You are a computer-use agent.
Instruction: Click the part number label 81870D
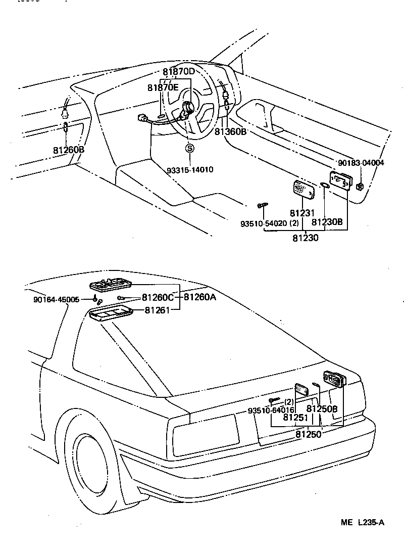[x=178, y=72]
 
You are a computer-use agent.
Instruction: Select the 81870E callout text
[x=163, y=87]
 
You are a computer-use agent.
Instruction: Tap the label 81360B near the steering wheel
[x=230, y=131]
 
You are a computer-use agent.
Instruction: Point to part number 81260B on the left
[x=68, y=150]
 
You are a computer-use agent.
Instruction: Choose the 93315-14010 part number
[x=190, y=169]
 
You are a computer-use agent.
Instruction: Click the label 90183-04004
[x=361, y=163]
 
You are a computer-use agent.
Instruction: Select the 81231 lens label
[x=302, y=214]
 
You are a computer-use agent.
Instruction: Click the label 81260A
[x=199, y=297]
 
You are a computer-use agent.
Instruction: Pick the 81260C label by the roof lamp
[x=158, y=297]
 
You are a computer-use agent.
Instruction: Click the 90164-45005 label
[x=57, y=299]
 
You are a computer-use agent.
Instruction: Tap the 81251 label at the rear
[x=295, y=418]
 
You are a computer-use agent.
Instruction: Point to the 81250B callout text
[x=322, y=408]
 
